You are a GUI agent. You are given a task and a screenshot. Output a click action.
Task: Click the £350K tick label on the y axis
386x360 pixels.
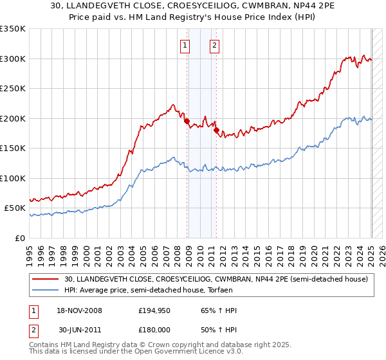tap(14, 29)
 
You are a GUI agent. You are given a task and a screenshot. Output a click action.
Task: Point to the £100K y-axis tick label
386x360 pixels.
tap(14, 178)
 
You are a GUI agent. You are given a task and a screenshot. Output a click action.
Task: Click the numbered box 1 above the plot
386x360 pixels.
tap(185, 45)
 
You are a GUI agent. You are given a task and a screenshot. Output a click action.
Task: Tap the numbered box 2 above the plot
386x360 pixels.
tap(214, 45)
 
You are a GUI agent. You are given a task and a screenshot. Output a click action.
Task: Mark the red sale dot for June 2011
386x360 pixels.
tap(217, 130)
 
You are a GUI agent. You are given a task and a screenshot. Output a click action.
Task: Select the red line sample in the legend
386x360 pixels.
tap(46, 279)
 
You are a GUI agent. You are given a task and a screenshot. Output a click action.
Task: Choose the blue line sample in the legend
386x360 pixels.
tap(46, 291)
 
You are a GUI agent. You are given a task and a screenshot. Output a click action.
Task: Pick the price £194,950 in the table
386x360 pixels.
tap(155, 310)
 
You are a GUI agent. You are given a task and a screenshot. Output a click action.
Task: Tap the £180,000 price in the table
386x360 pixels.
tap(155, 329)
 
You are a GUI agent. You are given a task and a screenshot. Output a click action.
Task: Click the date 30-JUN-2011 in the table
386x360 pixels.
tap(80, 329)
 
